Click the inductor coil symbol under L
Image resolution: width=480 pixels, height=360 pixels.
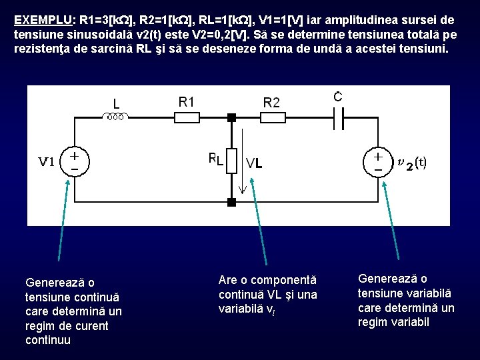116,117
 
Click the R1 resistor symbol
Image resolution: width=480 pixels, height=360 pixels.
186,117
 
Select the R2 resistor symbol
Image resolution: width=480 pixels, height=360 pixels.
271,117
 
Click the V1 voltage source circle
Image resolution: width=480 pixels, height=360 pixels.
74,161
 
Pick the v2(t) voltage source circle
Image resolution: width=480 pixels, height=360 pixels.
377,161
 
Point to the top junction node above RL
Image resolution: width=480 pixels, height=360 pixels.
231,117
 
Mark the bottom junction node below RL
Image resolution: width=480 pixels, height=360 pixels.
231,201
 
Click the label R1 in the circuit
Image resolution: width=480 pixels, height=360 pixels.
187,101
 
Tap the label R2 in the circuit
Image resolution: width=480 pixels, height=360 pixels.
271,102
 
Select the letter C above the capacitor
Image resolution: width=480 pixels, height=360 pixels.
338,97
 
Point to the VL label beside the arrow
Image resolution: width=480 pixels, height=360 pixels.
254,163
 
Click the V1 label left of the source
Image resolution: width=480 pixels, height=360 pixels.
46,162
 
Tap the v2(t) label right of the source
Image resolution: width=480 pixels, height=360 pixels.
412,162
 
